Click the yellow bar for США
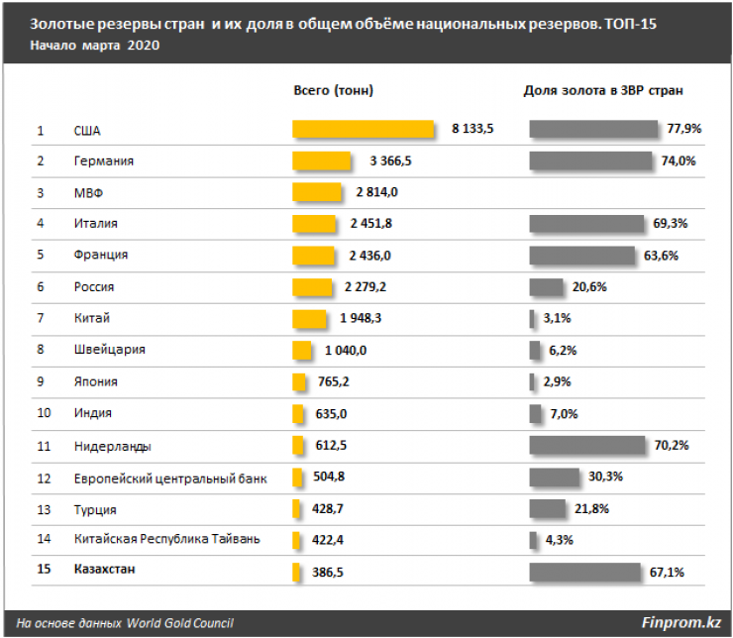click(364, 130)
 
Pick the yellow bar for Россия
click(312, 287)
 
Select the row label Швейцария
click(109, 350)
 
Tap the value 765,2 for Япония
click(332, 381)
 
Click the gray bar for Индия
click(536, 413)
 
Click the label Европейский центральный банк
click(169, 478)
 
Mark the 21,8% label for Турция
click(590, 509)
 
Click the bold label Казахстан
click(106, 571)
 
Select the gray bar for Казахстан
click(584, 572)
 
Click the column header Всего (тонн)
click(334, 90)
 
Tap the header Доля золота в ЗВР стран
click(604, 90)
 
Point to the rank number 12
click(43, 478)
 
